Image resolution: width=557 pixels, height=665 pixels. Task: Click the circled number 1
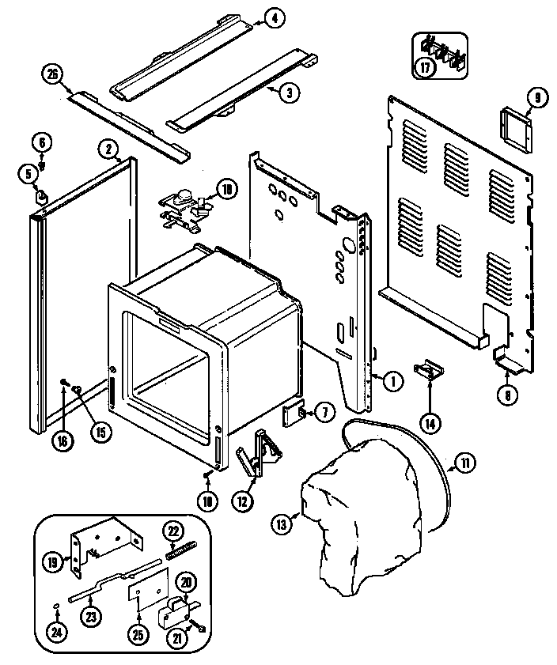click(392, 380)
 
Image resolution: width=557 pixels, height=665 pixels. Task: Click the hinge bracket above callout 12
click(261, 452)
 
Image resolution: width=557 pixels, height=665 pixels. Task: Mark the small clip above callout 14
click(430, 369)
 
